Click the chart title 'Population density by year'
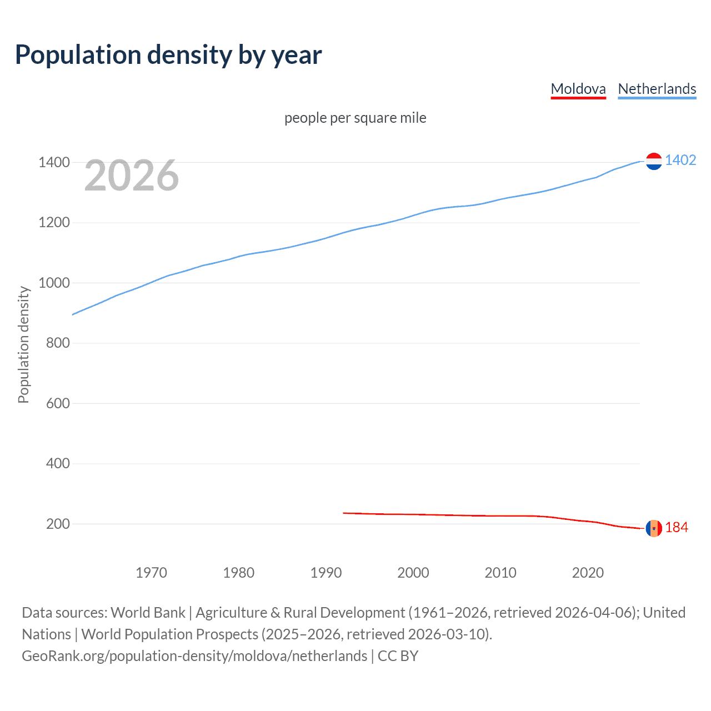click(x=168, y=55)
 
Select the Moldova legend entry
click(x=578, y=89)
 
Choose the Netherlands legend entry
click(x=657, y=89)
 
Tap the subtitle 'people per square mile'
click(x=355, y=118)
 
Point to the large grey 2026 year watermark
click(x=132, y=176)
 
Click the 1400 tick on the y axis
click(x=54, y=162)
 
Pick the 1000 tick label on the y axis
click(x=54, y=283)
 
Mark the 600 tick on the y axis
click(x=58, y=403)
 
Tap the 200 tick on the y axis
click(x=58, y=524)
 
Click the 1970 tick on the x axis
click(x=151, y=573)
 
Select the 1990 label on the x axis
click(x=326, y=573)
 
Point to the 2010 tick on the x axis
click(x=500, y=573)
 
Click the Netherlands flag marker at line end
click(x=654, y=161)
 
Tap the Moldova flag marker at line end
click(x=654, y=528)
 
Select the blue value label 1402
click(x=680, y=161)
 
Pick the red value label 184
click(x=677, y=528)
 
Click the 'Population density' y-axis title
click(x=23, y=344)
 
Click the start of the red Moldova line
click(x=344, y=513)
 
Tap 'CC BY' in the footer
click(x=398, y=656)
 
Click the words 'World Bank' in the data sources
click(x=148, y=613)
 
